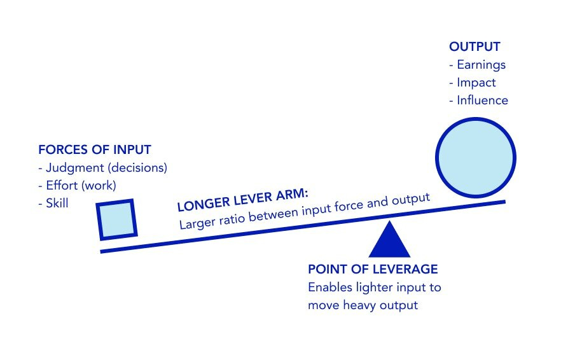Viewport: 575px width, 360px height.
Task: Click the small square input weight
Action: [118, 219]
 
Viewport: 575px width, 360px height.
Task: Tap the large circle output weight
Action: [475, 158]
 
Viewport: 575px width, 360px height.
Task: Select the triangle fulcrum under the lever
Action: [389, 241]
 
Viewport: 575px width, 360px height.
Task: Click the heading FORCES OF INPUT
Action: [95, 150]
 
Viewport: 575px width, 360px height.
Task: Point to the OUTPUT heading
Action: [475, 47]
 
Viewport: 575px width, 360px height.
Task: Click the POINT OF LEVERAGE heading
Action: [373, 269]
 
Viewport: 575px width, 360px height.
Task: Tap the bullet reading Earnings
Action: [481, 65]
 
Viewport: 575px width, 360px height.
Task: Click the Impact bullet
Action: [476, 83]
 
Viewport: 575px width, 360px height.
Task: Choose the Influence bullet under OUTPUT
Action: [482, 100]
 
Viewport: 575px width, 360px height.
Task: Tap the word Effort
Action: [61, 186]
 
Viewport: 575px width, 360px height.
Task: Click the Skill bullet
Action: [57, 204]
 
